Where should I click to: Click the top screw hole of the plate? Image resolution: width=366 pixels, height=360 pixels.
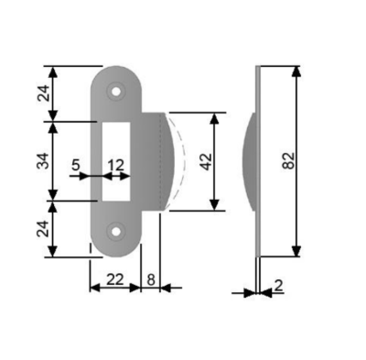115,92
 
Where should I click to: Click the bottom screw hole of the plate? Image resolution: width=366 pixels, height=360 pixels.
115,232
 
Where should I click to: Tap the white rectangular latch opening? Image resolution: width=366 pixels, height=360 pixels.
116,161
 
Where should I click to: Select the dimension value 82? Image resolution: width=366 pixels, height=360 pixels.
289,160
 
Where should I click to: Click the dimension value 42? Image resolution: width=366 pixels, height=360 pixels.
206,161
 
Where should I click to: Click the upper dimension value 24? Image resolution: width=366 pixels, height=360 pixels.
43,93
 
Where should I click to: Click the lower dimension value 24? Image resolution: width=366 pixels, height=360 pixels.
43,229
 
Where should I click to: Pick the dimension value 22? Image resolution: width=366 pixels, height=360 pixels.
115,279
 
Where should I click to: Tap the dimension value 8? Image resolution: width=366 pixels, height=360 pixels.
151,279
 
